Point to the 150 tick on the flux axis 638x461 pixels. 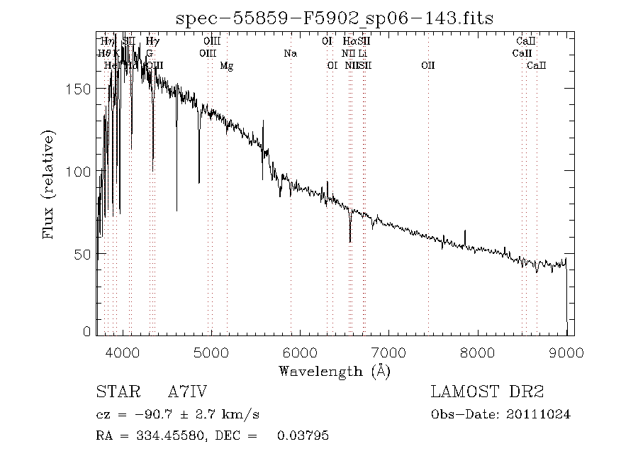83,89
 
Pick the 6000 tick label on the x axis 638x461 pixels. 301,352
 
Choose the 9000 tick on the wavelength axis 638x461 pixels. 566,352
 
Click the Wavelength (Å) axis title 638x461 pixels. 335,371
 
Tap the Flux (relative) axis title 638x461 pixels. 49,184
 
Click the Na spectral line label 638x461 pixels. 290,53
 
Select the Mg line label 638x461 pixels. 226,66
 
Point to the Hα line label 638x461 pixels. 349,41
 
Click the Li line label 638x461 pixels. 362,53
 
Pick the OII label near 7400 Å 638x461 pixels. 427,66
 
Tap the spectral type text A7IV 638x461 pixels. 187,392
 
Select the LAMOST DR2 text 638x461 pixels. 487,392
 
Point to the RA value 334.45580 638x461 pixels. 164,435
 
